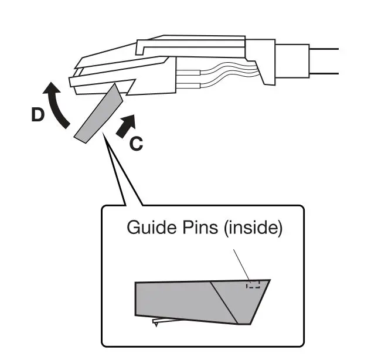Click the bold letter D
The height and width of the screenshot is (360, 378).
(x=38, y=116)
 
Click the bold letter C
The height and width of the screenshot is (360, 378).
(x=135, y=143)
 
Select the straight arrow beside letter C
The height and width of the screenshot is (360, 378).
(x=126, y=124)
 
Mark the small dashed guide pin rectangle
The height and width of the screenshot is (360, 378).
(x=253, y=285)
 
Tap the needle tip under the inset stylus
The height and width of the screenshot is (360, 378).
(x=155, y=324)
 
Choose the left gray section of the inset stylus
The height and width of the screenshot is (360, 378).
(x=176, y=300)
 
